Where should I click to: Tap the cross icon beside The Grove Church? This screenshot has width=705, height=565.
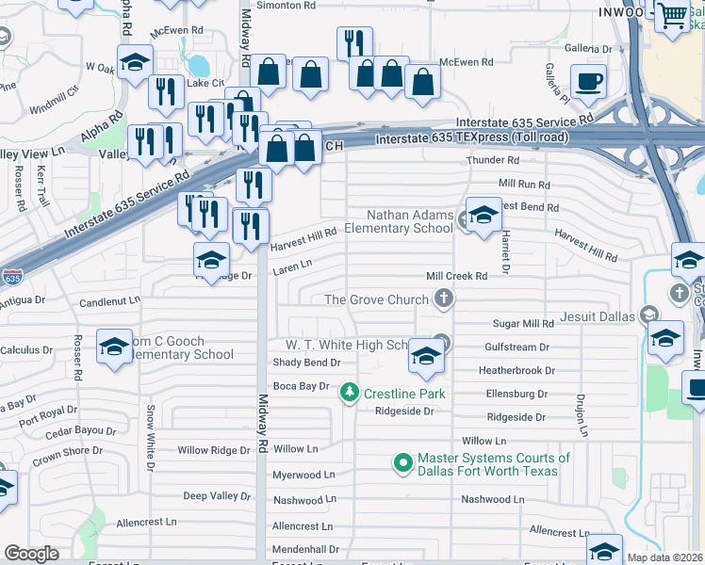(x=443, y=299)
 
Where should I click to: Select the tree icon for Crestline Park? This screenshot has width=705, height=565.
(x=349, y=391)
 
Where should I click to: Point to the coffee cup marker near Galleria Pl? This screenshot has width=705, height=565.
(x=589, y=81)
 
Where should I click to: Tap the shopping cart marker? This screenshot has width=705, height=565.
(x=671, y=16)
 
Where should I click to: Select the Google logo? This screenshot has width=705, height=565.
(x=31, y=554)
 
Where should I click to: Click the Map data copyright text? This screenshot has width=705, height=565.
(x=664, y=557)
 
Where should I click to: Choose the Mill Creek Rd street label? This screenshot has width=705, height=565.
(x=456, y=276)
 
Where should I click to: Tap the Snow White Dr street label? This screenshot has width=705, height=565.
(x=149, y=438)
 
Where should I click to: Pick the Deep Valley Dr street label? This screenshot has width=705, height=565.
(x=217, y=495)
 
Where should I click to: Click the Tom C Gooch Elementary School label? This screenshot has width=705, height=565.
(x=179, y=348)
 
